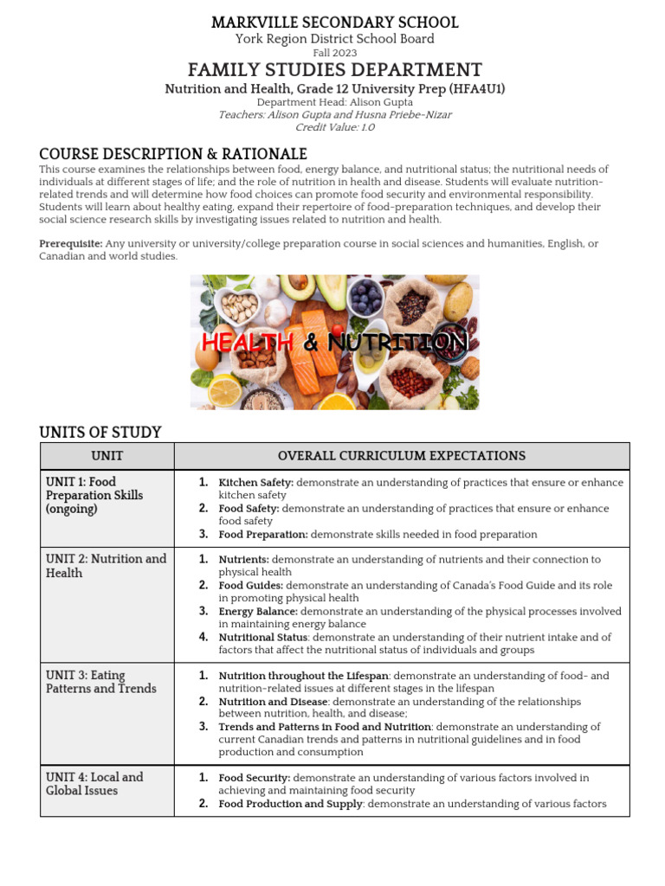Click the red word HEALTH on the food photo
point(248,343)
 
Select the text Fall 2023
point(334,53)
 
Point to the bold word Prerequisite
point(70,244)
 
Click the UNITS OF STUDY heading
point(100,432)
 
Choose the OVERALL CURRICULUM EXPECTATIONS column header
point(401,456)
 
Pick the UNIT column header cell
point(107,456)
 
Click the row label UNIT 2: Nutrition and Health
point(106,566)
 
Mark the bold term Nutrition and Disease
point(273,702)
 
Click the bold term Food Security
point(254,778)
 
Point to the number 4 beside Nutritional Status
point(203,637)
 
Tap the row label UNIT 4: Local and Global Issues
point(94,784)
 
